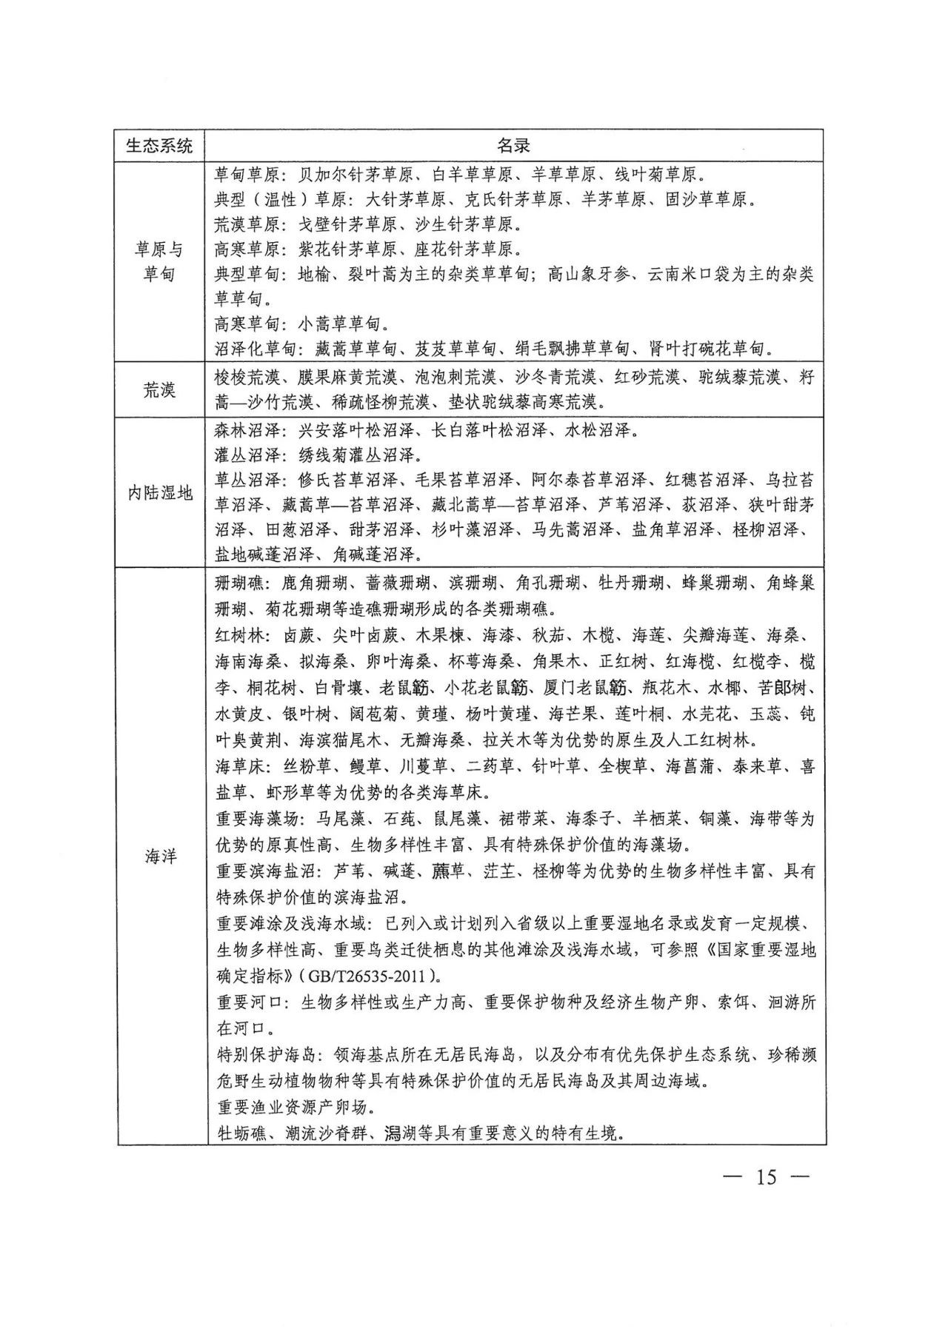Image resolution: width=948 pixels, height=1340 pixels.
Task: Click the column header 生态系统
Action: tap(160, 145)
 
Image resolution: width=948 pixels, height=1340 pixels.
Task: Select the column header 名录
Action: tap(513, 145)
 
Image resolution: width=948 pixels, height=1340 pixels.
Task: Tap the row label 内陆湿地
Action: tap(160, 492)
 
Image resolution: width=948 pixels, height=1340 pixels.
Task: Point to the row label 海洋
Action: tap(160, 857)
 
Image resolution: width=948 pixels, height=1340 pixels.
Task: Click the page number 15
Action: tap(767, 1176)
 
